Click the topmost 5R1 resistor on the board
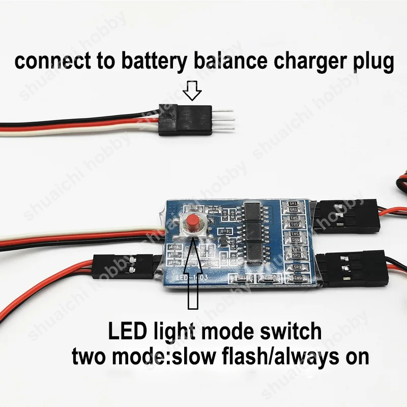point(293,204)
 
